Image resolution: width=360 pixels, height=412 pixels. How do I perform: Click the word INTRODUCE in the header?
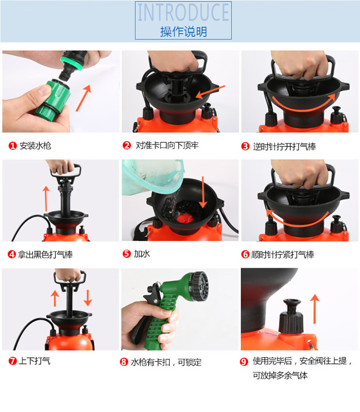[183, 13]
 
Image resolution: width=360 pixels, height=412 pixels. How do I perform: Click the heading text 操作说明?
[183, 32]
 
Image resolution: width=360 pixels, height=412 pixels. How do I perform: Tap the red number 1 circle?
[12, 146]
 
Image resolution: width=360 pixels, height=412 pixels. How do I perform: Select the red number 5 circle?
[127, 254]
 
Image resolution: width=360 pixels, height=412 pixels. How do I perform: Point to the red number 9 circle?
[244, 362]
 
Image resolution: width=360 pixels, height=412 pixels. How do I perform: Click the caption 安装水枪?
[36, 146]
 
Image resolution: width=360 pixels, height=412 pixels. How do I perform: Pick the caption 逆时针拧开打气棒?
[284, 147]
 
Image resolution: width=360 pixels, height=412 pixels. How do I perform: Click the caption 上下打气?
[35, 361]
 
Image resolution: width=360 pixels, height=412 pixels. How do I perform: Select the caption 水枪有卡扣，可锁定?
[166, 362]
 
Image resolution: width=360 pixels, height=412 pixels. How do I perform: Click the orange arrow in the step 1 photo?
[83, 98]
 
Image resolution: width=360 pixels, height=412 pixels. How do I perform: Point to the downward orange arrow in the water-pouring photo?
[203, 192]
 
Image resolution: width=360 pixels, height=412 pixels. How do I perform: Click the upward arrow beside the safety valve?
[315, 309]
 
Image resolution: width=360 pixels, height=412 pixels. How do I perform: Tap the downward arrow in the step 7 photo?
[88, 298]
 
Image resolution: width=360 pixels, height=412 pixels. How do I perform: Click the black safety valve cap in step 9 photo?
[291, 316]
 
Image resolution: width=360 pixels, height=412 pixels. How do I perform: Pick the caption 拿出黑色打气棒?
[45, 254]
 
